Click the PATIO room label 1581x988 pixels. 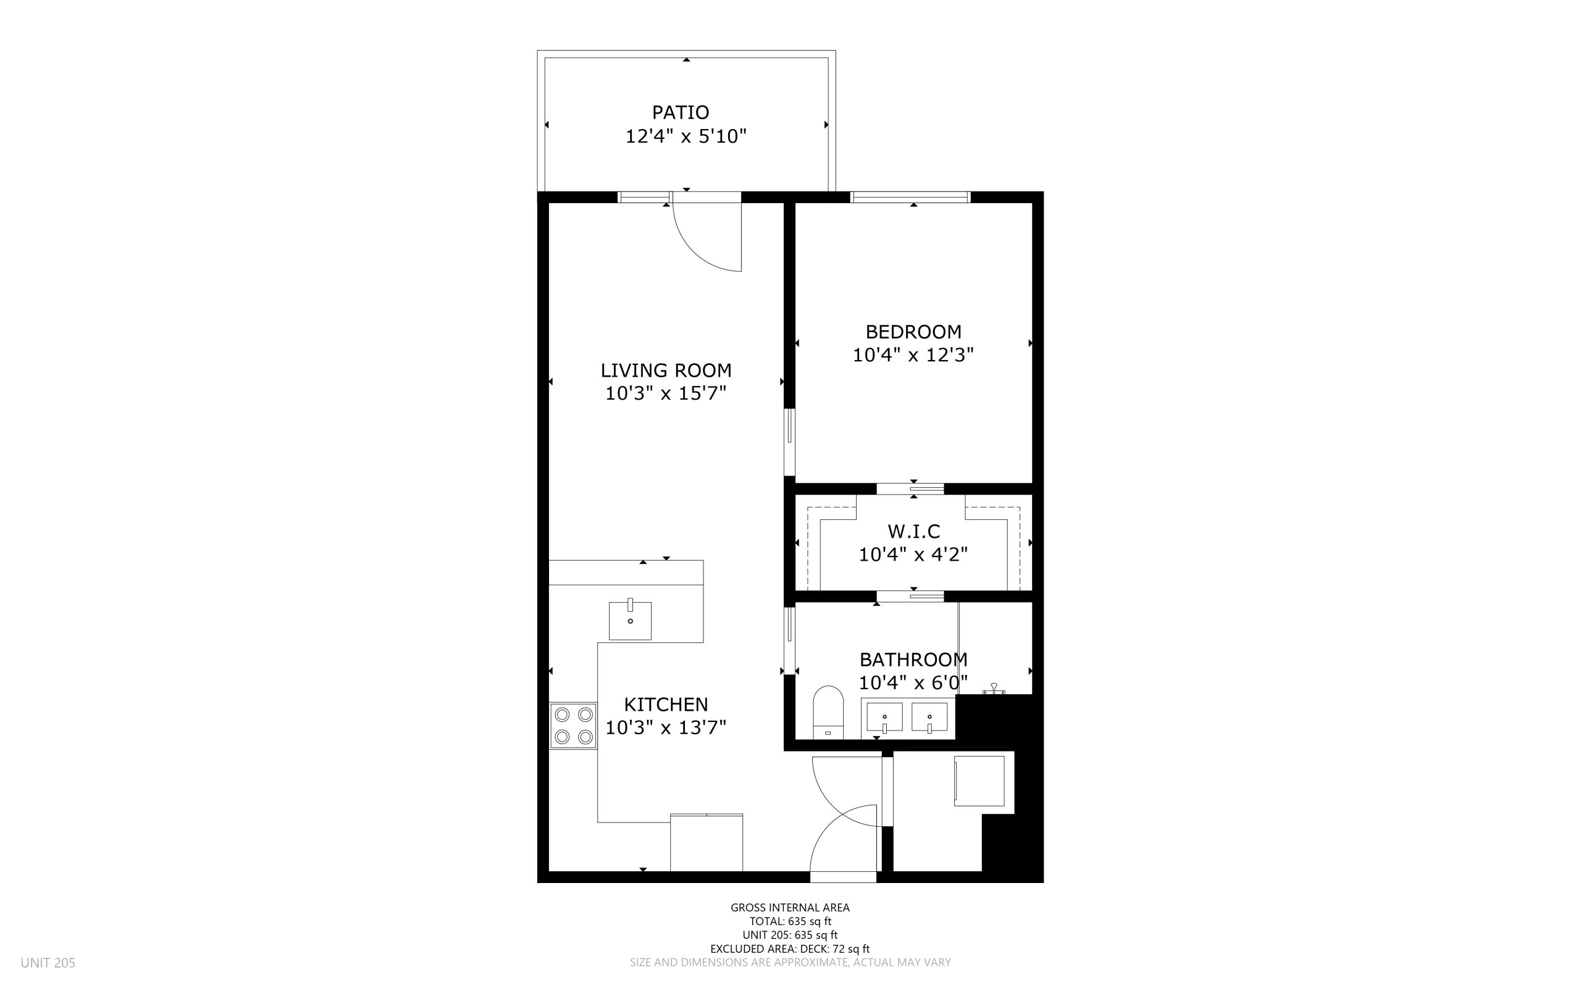[x=680, y=112]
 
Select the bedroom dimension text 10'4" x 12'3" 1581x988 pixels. [x=913, y=355]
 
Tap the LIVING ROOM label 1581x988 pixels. [x=666, y=371]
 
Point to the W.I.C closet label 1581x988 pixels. [x=913, y=531]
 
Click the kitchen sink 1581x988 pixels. [x=630, y=620]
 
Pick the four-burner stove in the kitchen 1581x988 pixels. [x=573, y=726]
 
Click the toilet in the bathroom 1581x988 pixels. [x=828, y=712]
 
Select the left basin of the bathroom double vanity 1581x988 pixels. [x=884, y=718]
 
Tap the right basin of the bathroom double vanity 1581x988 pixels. [x=929, y=718]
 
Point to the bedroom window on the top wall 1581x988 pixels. [x=910, y=197]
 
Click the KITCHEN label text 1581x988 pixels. [x=666, y=705]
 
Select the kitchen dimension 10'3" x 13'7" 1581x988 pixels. [x=666, y=727]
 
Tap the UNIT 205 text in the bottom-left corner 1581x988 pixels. [x=48, y=963]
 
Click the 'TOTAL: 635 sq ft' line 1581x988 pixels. [x=790, y=921]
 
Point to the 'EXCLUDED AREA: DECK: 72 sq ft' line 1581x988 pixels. [x=790, y=949]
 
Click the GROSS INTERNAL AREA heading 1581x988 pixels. [x=790, y=907]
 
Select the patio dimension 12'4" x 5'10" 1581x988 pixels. [x=686, y=136]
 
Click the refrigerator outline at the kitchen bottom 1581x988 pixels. [x=707, y=842]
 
